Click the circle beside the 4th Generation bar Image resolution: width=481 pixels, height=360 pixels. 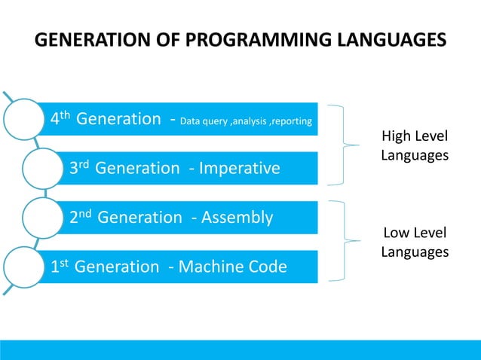pos(27,119)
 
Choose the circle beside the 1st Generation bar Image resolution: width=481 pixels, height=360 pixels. pos(27,267)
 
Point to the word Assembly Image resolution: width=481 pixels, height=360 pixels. pos(235,218)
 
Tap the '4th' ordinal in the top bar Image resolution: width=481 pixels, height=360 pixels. pos(60,118)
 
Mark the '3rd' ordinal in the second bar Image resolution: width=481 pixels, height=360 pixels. pos(79,168)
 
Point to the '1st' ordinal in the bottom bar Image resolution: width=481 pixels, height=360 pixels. pos(60,267)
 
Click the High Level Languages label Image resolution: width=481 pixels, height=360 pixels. pos(415,145)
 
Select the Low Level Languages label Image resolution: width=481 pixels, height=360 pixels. pos(415,242)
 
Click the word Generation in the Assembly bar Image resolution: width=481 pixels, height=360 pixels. pos(140,218)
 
